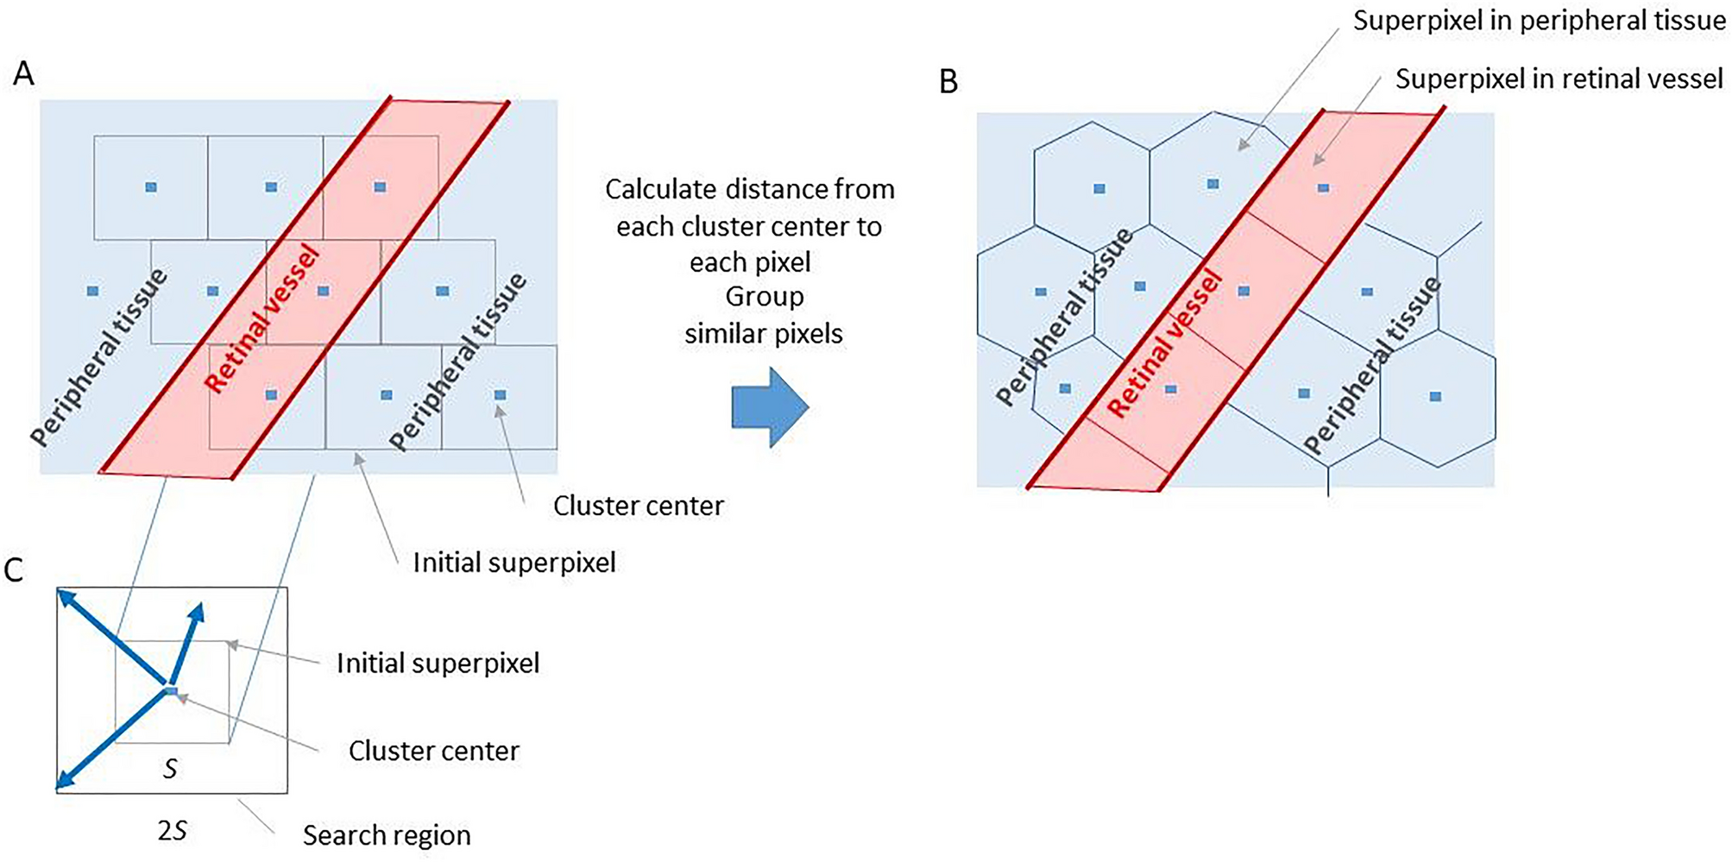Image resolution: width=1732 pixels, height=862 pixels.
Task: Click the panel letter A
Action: click(x=24, y=74)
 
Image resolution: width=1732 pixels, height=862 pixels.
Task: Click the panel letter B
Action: click(x=948, y=82)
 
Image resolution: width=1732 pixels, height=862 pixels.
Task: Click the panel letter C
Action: click(x=14, y=570)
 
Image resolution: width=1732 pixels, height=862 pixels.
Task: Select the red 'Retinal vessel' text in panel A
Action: click(x=263, y=319)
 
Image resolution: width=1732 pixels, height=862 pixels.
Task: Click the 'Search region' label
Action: click(x=386, y=835)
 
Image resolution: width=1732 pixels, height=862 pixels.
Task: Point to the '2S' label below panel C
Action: click(x=173, y=831)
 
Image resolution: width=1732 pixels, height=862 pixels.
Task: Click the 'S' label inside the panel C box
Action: click(x=170, y=769)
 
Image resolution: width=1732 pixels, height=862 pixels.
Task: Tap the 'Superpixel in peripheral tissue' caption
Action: click(x=1539, y=21)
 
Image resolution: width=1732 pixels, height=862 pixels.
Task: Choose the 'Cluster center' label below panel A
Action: click(x=638, y=506)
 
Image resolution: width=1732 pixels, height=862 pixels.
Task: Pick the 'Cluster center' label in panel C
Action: click(x=433, y=751)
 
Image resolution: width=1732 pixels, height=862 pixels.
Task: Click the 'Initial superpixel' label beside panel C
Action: click(x=438, y=663)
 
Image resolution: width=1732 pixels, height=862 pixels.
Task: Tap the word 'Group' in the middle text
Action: click(x=764, y=297)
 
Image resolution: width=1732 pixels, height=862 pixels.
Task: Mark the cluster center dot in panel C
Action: click(x=171, y=691)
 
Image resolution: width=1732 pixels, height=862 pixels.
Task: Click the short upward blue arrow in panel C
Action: click(x=186, y=644)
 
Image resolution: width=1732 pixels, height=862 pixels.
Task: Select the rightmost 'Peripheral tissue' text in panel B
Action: click(x=1372, y=366)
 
